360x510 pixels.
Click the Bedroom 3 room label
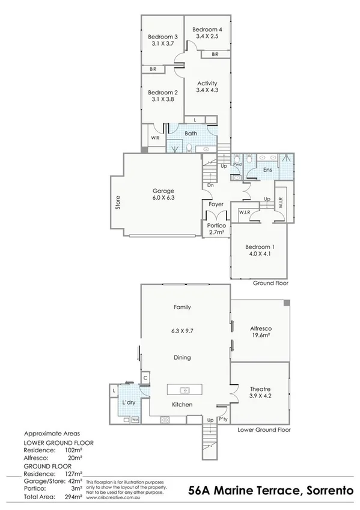coord(163,36)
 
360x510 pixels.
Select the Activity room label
coord(206,83)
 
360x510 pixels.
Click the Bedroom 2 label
coord(163,93)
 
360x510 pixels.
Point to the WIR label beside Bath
coord(154,138)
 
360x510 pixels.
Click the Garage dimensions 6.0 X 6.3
coord(163,198)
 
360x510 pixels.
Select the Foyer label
coord(216,204)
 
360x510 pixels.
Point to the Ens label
coord(268,171)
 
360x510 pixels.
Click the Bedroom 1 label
coord(260,247)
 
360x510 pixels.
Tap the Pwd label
coord(237,164)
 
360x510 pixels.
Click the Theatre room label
coord(260,388)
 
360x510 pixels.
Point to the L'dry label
coord(128,402)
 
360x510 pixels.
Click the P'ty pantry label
coord(224,420)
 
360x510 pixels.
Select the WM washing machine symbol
coord(135,419)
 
